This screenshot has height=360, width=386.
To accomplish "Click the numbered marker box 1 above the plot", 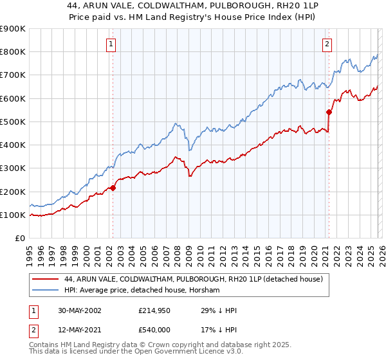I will click(x=111, y=44).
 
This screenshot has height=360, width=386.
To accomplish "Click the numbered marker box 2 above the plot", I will click(x=327, y=44).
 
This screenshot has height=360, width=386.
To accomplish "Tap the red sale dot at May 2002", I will click(x=113, y=188).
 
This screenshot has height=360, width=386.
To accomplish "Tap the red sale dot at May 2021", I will click(x=329, y=112).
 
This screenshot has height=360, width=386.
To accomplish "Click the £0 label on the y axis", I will click(x=19, y=239).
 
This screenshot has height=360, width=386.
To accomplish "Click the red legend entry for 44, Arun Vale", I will click(x=198, y=279).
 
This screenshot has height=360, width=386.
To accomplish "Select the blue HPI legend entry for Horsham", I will click(x=142, y=291).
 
